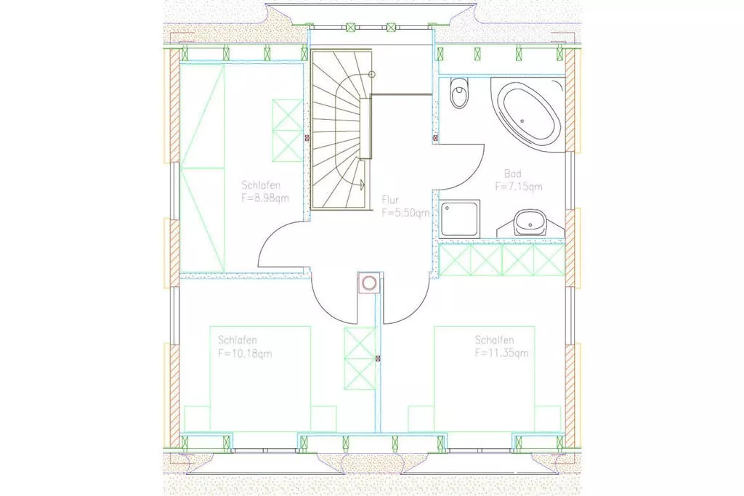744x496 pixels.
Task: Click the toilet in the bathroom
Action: [458, 93]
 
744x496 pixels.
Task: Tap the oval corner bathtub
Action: [527, 115]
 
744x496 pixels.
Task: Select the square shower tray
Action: [460, 219]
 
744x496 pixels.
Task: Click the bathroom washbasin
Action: [530, 222]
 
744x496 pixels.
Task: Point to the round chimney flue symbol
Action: [368, 283]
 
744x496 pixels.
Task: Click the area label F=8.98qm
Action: [264, 198]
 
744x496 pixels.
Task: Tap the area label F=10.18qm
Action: [245, 353]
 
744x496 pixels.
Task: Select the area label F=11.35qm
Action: [501, 353]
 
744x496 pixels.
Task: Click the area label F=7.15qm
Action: [519, 187]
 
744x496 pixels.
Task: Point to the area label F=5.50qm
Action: [405, 213]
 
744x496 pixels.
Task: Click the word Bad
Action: [513, 174]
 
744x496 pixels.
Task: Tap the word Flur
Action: [390, 200]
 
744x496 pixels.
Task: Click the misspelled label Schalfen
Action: [494, 340]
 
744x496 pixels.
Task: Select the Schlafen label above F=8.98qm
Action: [261, 185]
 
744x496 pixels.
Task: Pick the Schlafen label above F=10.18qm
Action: [238, 340]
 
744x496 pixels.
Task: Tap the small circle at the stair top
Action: [372, 74]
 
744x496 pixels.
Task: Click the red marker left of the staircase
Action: [307, 138]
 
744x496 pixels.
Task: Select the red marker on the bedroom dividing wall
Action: [378, 359]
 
